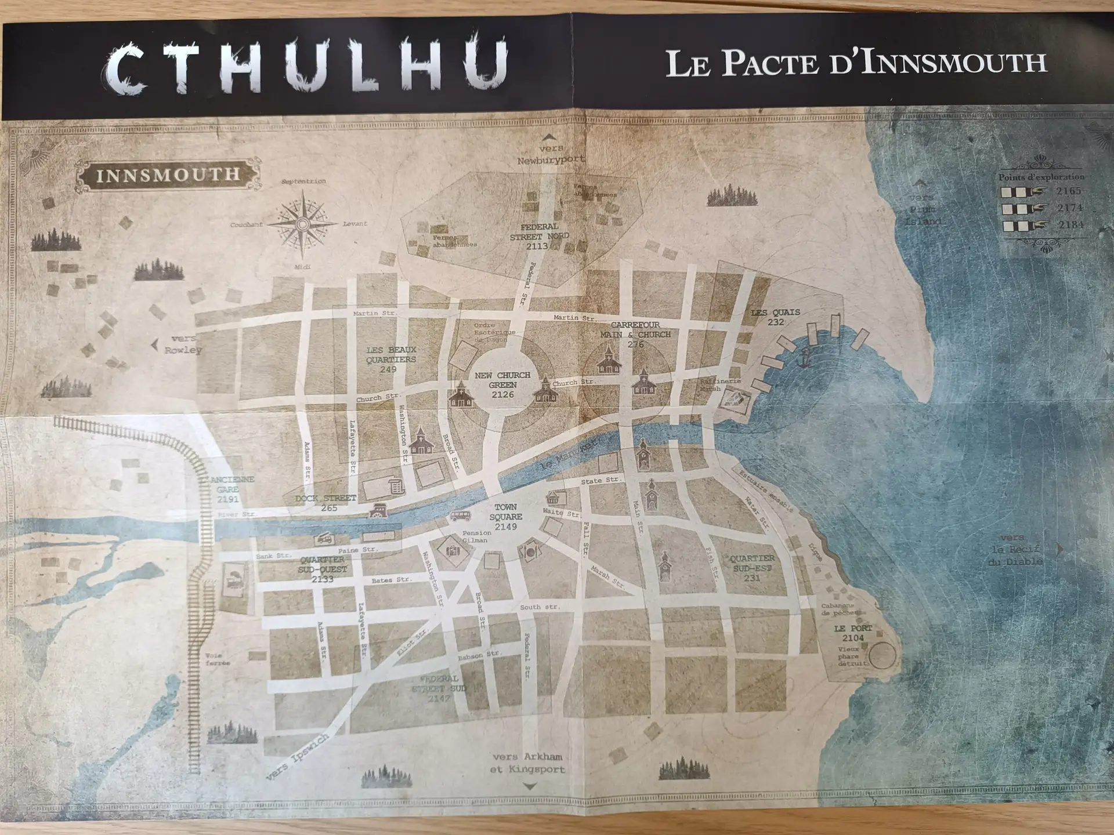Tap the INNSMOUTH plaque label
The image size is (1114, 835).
click(168, 175)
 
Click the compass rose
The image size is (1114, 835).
click(302, 224)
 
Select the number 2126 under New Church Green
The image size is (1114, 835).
click(502, 395)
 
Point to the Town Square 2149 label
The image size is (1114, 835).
click(505, 517)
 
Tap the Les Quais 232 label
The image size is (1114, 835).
click(775, 317)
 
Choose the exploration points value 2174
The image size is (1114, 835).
click(1069, 208)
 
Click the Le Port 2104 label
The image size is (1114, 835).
click(852, 633)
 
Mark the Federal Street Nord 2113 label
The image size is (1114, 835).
click(539, 236)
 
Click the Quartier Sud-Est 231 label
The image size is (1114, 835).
click(752, 568)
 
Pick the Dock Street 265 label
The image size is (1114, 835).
click(326, 503)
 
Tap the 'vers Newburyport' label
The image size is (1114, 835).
click(551, 154)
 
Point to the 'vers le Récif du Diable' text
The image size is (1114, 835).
click(1015, 550)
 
